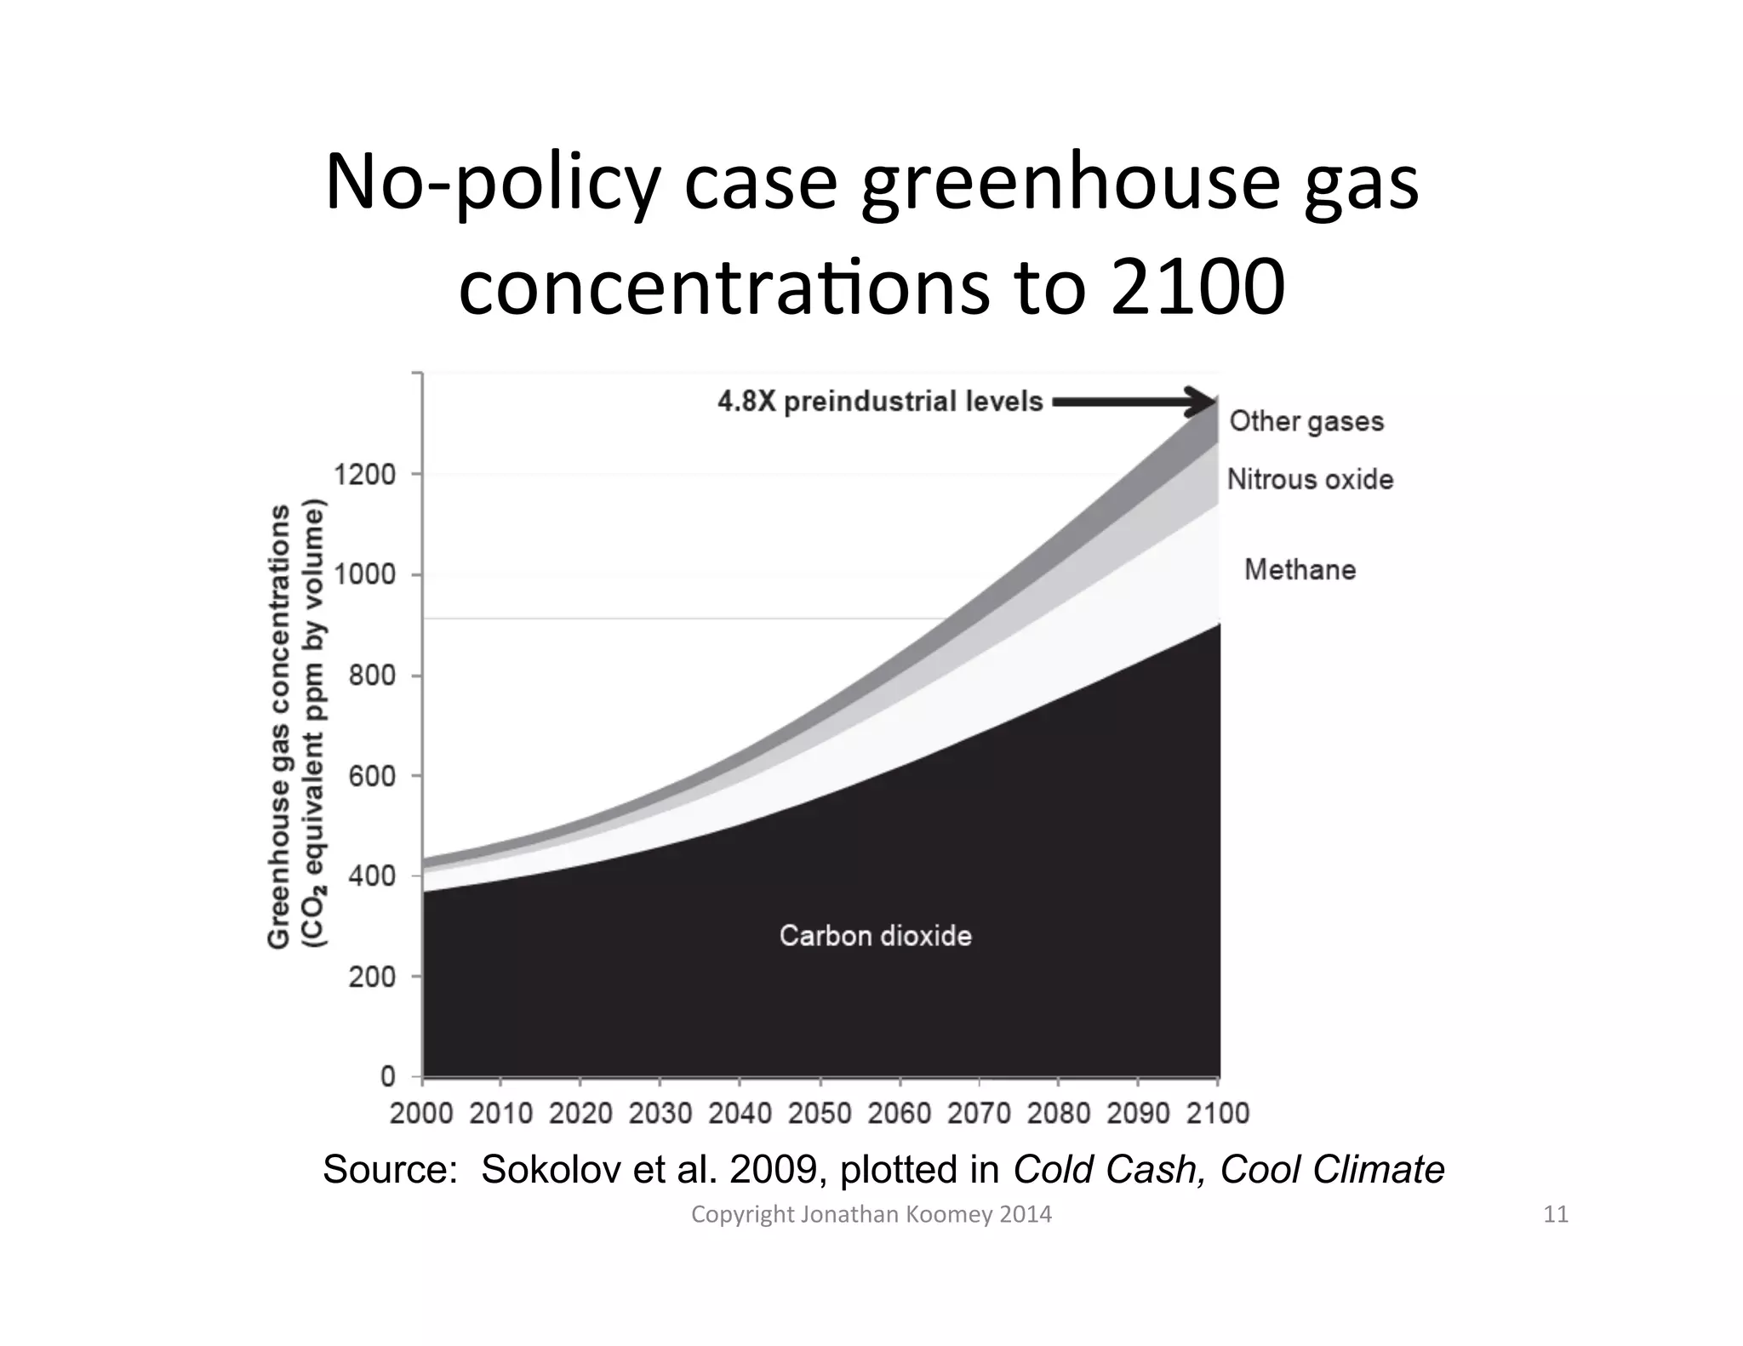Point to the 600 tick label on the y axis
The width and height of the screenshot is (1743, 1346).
point(371,776)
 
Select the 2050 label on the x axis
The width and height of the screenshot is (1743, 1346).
point(819,1113)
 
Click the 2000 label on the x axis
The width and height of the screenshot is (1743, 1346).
point(421,1113)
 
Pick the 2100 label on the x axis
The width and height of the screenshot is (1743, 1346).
point(1217,1113)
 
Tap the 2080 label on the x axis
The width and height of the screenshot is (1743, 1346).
point(1058,1113)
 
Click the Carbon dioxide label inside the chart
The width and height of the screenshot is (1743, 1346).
point(875,936)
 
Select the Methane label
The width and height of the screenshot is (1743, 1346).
point(1300,569)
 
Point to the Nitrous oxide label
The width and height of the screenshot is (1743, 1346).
point(1310,479)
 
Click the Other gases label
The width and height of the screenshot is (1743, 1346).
point(1306,421)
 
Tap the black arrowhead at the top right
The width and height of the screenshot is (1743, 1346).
point(1203,402)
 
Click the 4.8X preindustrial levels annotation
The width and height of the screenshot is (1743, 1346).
point(880,402)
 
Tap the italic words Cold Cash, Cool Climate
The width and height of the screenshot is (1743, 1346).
point(1228,1170)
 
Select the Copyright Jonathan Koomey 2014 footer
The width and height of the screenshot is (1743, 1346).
point(871,1214)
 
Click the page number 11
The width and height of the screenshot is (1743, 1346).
point(1555,1214)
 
